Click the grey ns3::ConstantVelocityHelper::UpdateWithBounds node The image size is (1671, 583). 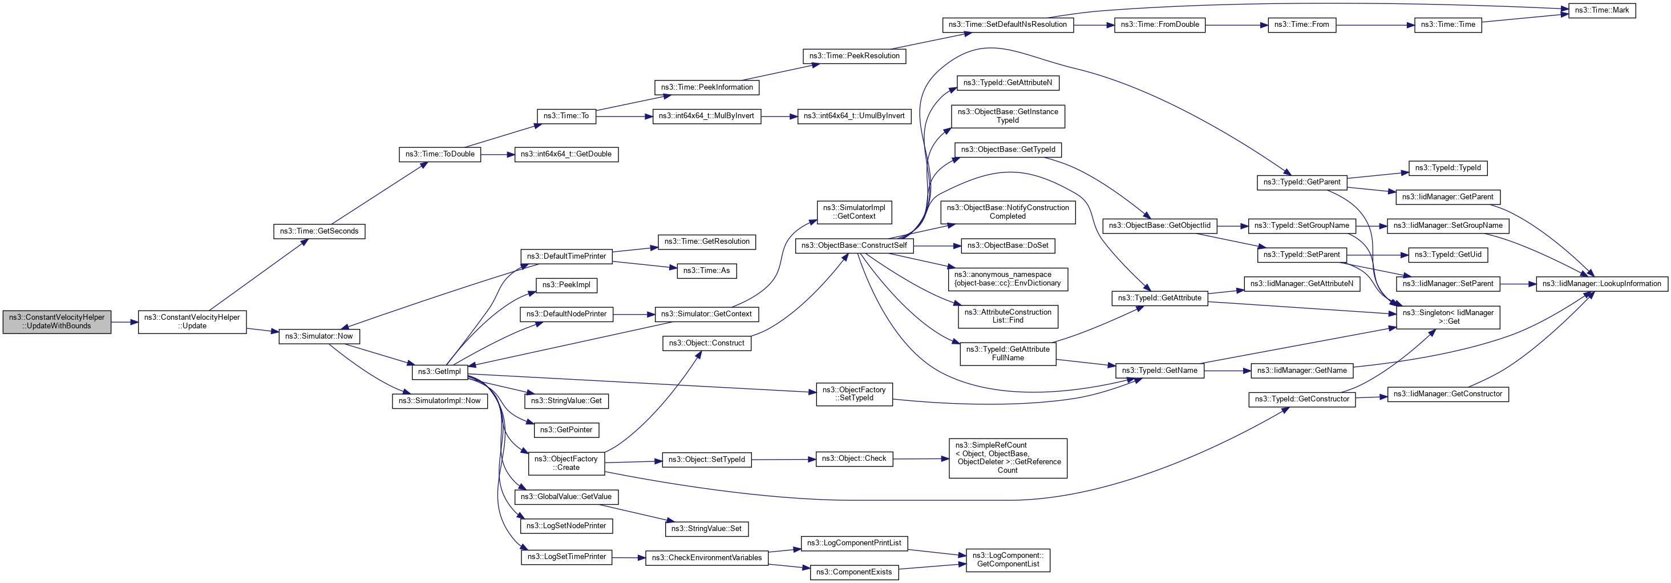point(56,322)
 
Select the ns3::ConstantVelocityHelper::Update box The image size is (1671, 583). point(192,322)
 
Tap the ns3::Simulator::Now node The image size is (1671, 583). point(319,336)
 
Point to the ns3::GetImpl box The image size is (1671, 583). point(439,372)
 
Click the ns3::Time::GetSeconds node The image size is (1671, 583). point(319,231)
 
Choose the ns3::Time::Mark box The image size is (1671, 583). point(1601,10)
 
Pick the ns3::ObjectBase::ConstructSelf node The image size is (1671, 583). point(853,246)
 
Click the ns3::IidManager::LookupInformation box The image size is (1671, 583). point(1601,284)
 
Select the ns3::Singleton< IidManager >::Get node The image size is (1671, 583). point(1448,317)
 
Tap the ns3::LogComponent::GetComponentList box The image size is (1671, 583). point(1008,560)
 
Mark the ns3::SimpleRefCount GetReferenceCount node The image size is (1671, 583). point(1008,459)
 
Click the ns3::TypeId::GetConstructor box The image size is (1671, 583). point(1301,399)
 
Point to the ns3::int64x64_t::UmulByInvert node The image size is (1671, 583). point(853,116)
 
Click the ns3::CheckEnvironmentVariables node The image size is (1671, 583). point(706,558)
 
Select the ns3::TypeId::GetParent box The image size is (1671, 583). point(1301,182)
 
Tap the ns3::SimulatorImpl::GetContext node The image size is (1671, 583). point(853,212)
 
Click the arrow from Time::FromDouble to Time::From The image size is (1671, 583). point(1236,25)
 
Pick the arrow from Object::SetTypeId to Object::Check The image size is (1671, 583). point(783,460)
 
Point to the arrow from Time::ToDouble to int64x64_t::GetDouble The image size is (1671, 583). point(497,155)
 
